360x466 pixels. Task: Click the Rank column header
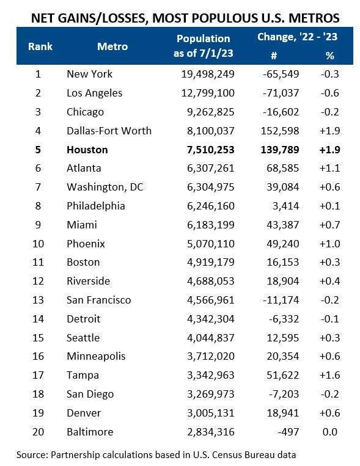click(x=40, y=46)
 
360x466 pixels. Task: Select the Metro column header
click(x=112, y=46)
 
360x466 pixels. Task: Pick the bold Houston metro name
click(x=87, y=150)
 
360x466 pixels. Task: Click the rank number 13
click(x=38, y=300)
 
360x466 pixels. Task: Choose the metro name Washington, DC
click(x=105, y=187)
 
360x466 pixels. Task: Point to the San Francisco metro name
click(x=98, y=300)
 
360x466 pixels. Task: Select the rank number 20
click(x=38, y=432)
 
